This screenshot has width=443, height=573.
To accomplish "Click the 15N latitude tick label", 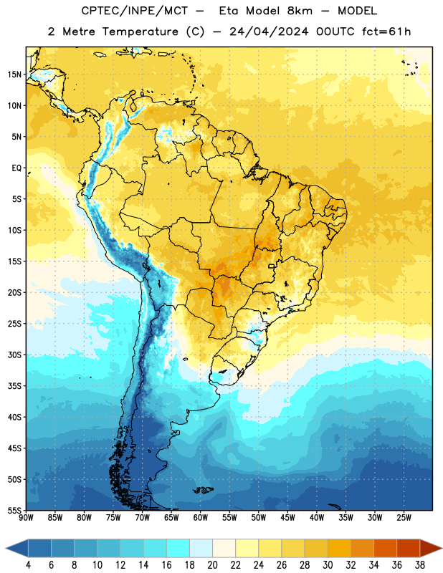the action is pyautogui.click(x=14, y=74).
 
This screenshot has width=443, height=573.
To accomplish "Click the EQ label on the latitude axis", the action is pyautogui.click(x=16, y=168).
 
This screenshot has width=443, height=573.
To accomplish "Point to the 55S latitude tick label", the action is pyautogui.click(x=14, y=510).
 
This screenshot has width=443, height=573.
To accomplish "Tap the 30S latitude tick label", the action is pyautogui.click(x=14, y=355).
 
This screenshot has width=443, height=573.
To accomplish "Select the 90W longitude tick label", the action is pyautogui.click(x=26, y=517).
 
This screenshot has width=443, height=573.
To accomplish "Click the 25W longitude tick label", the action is pyautogui.click(x=404, y=517).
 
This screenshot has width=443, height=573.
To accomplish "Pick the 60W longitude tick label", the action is pyautogui.click(x=201, y=517).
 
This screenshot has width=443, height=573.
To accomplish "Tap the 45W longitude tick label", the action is pyautogui.click(x=287, y=517).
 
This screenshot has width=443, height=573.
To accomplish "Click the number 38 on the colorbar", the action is pyautogui.click(x=419, y=565).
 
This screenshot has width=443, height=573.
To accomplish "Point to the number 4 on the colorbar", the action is pyautogui.click(x=28, y=565).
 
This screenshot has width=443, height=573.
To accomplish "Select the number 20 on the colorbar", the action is pyautogui.click(x=212, y=565).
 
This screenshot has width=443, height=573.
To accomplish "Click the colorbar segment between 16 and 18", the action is pyautogui.click(x=178, y=549).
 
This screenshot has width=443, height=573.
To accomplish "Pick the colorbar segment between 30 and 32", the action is pyautogui.click(x=339, y=549).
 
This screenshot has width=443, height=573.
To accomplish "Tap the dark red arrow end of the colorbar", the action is pyautogui.click(x=430, y=549).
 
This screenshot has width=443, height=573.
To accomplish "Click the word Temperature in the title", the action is pyautogui.click(x=140, y=32).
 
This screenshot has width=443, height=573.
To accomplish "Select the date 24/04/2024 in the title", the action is pyautogui.click(x=269, y=32).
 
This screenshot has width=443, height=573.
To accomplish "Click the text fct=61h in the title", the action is pyautogui.click(x=386, y=32).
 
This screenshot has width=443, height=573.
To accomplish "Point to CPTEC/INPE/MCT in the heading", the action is pyautogui.click(x=134, y=11).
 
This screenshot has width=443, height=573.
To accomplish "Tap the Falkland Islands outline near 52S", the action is pyautogui.click(x=204, y=490).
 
